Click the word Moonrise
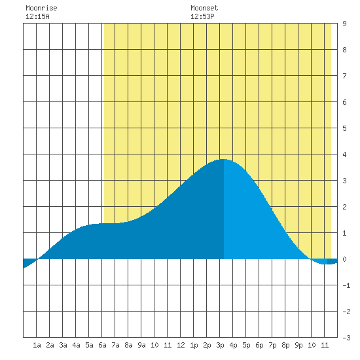(41, 8)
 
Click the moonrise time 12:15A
(37, 16)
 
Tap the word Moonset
(204, 8)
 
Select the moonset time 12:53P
(202, 16)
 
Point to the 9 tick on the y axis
(344, 24)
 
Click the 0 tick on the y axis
(344, 259)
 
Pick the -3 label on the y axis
(346, 338)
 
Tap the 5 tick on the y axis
(344, 128)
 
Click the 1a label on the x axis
(37, 345)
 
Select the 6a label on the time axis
(102, 345)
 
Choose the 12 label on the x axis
(181, 345)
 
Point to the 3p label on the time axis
(220, 345)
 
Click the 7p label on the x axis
(272, 345)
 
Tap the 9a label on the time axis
(141, 345)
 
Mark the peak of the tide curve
(223, 159)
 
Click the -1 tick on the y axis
(346, 285)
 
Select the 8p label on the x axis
(285, 345)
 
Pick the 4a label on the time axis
(76, 345)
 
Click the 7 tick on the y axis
(344, 76)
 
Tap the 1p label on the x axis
(194, 345)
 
